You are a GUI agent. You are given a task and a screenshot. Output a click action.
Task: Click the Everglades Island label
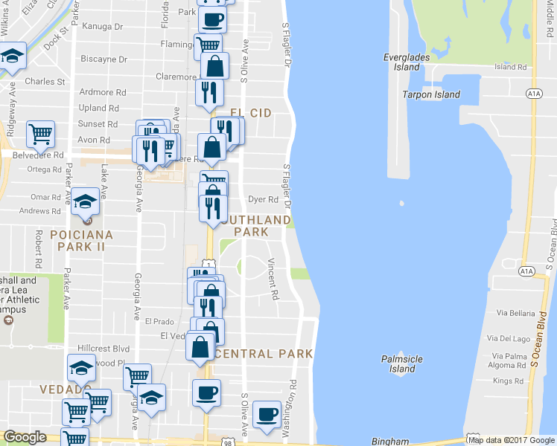[x=402, y=62]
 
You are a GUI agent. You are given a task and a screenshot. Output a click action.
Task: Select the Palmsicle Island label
[x=402, y=363]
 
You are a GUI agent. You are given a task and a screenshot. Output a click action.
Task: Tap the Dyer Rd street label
[x=263, y=199]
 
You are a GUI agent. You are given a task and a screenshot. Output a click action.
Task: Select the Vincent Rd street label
[x=273, y=279]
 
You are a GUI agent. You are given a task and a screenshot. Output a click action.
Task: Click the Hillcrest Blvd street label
[x=104, y=348]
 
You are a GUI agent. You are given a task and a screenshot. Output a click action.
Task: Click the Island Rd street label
[x=510, y=67]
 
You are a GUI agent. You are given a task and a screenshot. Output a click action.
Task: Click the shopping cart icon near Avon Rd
[x=40, y=135]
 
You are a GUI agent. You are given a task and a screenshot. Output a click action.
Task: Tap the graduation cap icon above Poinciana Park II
[x=85, y=201]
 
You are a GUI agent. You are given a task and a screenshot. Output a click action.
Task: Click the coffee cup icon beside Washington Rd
[x=267, y=414]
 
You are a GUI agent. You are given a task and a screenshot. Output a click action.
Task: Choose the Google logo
[x=25, y=437]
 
